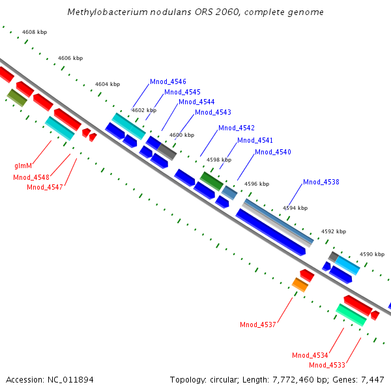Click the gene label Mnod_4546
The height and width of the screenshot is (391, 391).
coord(168,81)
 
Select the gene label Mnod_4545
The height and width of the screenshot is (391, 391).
coord(182,92)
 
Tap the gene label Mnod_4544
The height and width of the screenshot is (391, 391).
coord(196,102)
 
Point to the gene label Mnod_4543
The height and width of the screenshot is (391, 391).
coord(212,112)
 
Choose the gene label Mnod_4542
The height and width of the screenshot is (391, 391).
coord(237,128)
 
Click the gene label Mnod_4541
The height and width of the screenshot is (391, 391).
coord(255,140)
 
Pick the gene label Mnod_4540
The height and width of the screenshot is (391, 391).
coord(273,152)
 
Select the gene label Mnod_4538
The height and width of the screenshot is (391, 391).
coord(321,182)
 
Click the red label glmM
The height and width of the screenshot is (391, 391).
coord(23,166)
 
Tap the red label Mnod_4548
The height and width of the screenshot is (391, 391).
coord(31,177)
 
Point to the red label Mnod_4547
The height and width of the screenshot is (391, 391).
coord(45,187)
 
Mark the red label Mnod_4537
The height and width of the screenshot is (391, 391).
coord(258,325)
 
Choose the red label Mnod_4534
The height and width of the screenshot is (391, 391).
coord(310,355)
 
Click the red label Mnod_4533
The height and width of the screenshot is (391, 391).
coord(327,365)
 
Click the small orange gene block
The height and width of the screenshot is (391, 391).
coord(300,284)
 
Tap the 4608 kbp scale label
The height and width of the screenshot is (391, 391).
coord(35,32)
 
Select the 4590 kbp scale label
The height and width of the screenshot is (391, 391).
coord(373,254)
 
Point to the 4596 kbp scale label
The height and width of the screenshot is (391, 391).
coord(257,184)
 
